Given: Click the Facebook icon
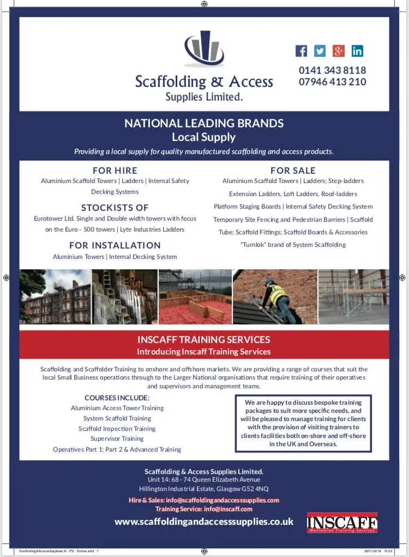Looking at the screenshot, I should (301, 51).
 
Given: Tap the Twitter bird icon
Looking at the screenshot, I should (320, 51).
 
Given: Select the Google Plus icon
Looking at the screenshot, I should (339, 51).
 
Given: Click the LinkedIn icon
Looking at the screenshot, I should (357, 51).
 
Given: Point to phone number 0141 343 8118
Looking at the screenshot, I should (332, 70).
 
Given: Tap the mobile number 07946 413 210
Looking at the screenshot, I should (332, 82).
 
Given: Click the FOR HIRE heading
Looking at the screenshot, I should (115, 170).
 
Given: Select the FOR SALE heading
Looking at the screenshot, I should (293, 170).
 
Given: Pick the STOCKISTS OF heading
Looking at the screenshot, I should (115, 208).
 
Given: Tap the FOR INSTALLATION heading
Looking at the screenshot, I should (115, 245).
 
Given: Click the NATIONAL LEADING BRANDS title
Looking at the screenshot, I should (204, 123).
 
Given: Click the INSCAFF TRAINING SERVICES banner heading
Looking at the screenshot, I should (204, 340).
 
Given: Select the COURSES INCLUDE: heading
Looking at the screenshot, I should (117, 398).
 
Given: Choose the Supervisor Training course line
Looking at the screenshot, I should (117, 439).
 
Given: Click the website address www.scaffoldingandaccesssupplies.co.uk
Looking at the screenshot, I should (204, 522).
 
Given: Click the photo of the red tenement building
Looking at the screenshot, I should (55, 297).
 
